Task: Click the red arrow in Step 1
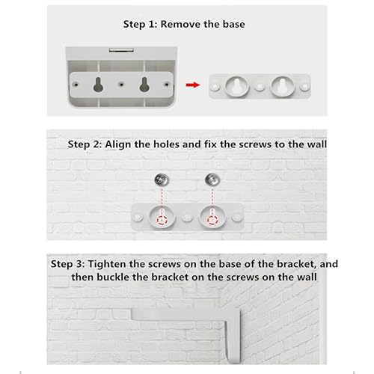[x=193, y=85]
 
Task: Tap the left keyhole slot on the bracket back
[x=98, y=85]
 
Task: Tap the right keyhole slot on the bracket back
[x=144, y=85]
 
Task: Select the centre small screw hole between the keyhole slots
[x=121, y=85]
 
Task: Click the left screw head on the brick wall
[x=162, y=180]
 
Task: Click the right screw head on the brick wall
[x=212, y=180]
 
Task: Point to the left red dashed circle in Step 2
[x=162, y=220]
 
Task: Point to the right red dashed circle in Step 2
[x=212, y=220]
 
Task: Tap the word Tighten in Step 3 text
[x=107, y=264]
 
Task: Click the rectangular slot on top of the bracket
[x=121, y=50]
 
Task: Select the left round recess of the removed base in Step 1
[x=237, y=87]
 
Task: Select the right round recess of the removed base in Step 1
[x=283, y=87]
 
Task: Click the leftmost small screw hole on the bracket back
[x=76, y=85]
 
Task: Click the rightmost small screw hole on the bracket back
[x=167, y=85]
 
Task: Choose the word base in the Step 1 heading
[x=234, y=24]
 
